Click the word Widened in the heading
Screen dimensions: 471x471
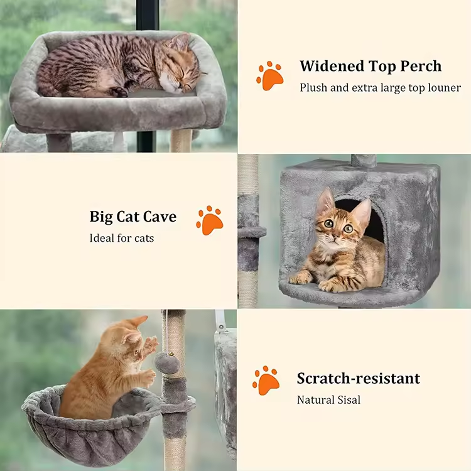[332, 66]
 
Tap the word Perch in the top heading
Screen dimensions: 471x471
[421, 66]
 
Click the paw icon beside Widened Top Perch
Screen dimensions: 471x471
[270, 76]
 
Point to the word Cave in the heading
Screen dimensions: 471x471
[160, 216]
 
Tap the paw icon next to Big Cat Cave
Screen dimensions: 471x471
[210, 220]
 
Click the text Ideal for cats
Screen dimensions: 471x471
[122, 238]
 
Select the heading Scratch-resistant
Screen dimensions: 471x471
[359, 379]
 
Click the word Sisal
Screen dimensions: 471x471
[349, 400]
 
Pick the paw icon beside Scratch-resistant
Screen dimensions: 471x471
[266, 381]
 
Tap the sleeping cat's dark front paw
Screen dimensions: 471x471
[119, 92]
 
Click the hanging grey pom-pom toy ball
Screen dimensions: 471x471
[167, 362]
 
